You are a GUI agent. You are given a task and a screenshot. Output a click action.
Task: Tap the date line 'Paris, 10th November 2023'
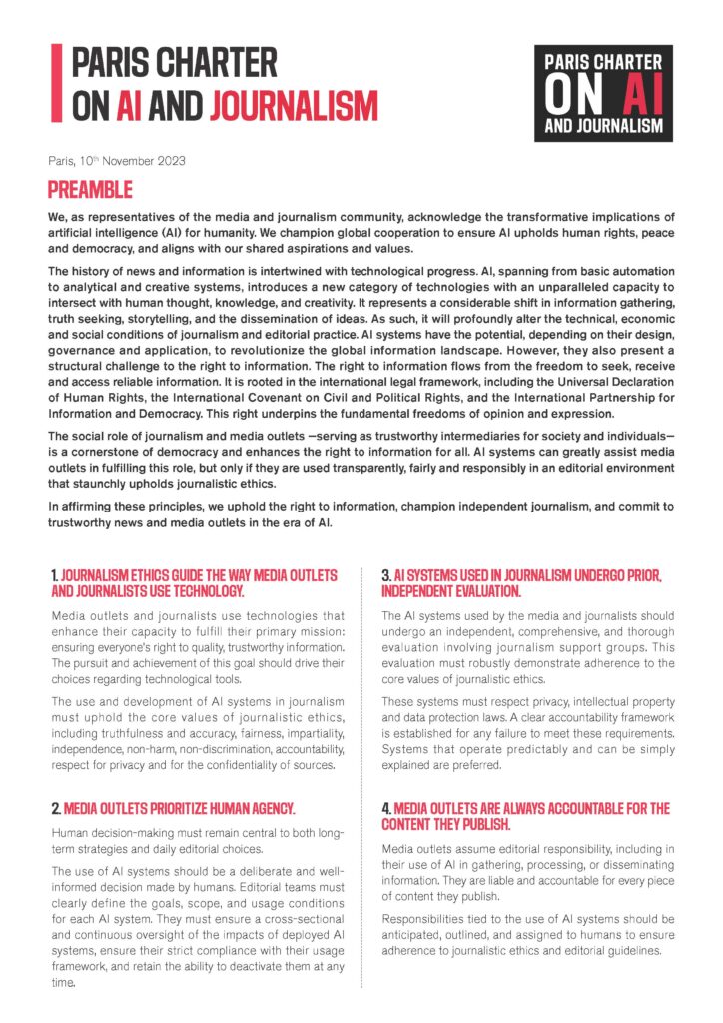(x=117, y=161)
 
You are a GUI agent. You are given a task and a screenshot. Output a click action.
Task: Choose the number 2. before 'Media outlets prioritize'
(x=56, y=807)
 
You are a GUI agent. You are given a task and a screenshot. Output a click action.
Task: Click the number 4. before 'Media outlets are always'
(x=386, y=808)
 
